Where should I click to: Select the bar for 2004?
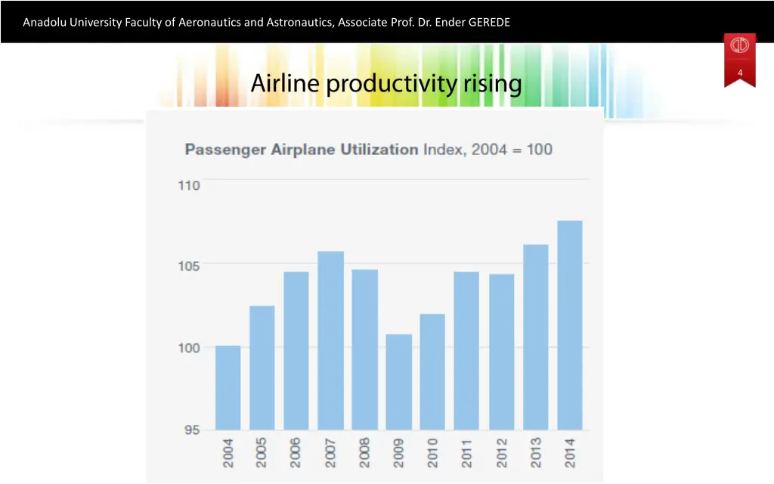coord(228,387)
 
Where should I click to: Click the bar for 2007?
coord(330,340)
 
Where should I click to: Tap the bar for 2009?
coord(398,382)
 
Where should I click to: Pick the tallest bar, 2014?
coord(570,325)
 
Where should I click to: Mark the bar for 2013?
coord(535,337)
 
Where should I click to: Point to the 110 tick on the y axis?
coord(189,186)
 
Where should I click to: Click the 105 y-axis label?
coord(189,265)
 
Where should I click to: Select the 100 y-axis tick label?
coord(189,348)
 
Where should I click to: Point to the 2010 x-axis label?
coord(433,451)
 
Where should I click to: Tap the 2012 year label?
coord(501,451)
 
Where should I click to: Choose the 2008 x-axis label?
coord(364,451)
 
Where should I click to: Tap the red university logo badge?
coord(739,46)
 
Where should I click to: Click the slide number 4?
coord(740,73)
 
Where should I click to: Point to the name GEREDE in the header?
coord(489,22)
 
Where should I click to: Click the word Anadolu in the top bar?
coord(45,22)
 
